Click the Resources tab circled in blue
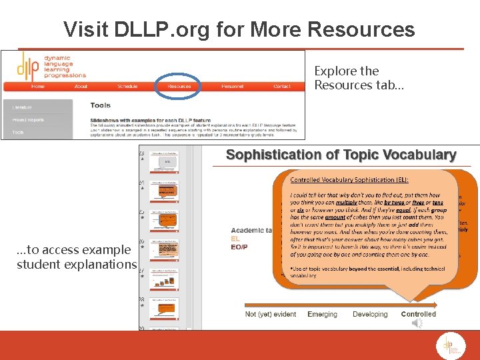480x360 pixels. coord(179,86)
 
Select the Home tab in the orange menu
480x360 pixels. coord(38,86)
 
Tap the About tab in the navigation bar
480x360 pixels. coord(81,86)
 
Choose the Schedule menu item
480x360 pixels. coord(127,86)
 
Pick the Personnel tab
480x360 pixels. coord(232,86)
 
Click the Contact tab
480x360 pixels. coord(282,86)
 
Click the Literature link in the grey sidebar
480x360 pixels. coord(22,107)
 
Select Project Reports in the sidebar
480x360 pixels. coord(28,120)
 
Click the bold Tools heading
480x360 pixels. coord(101,105)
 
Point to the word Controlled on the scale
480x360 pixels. coord(418,314)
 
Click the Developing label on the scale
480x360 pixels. coord(370,314)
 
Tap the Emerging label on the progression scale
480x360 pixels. coord(322,314)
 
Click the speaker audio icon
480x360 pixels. coord(417,323)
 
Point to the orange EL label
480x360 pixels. coord(235,239)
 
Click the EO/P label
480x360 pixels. coord(239,247)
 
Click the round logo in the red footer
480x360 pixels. coord(447,345)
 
